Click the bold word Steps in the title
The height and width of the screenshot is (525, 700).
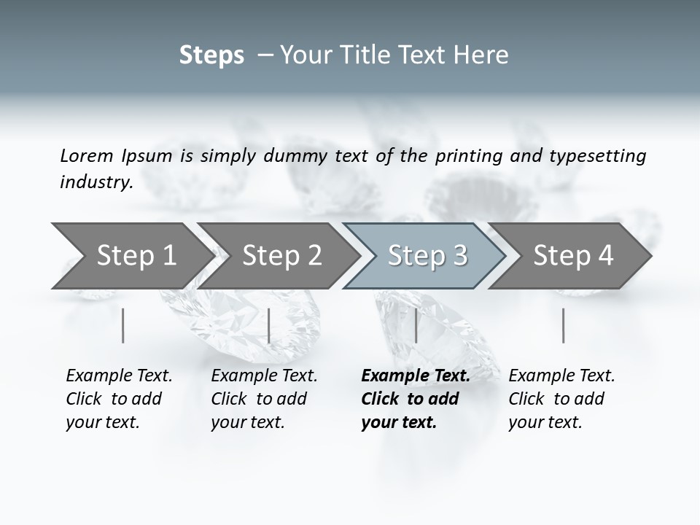pyautogui.click(x=211, y=55)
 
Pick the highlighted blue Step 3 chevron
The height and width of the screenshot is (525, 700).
pyautogui.click(x=427, y=256)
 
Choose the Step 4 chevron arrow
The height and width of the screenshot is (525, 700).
pyautogui.click(x=573, y=256)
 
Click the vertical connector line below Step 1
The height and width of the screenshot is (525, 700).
pyautogui.click(x=123, y=325)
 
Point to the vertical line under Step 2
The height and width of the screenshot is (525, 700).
pyautogui.click(x=269, y=325)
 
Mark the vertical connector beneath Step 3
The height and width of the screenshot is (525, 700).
pyautogui.click(x=416, y=325)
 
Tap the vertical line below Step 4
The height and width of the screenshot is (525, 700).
pyautogui.click(x=564, y=325)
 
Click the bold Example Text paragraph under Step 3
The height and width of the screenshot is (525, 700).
pyautogui.click(x=416, y=399)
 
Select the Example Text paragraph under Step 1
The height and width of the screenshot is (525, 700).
pyautogui.click(x=119, y=399)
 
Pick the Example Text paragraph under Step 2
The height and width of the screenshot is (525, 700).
pyautogui.click(x=264, y=399)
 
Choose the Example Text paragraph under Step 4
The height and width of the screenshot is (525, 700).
pyautogui.click(x=561, y=399)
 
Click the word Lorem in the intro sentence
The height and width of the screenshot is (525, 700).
pyautogui.click(x=87, y=156)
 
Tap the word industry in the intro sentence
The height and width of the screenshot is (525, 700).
pyautogui.click(x=96, y=182)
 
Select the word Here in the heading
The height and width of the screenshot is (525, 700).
pyautogui.click(x=484, y=55)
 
